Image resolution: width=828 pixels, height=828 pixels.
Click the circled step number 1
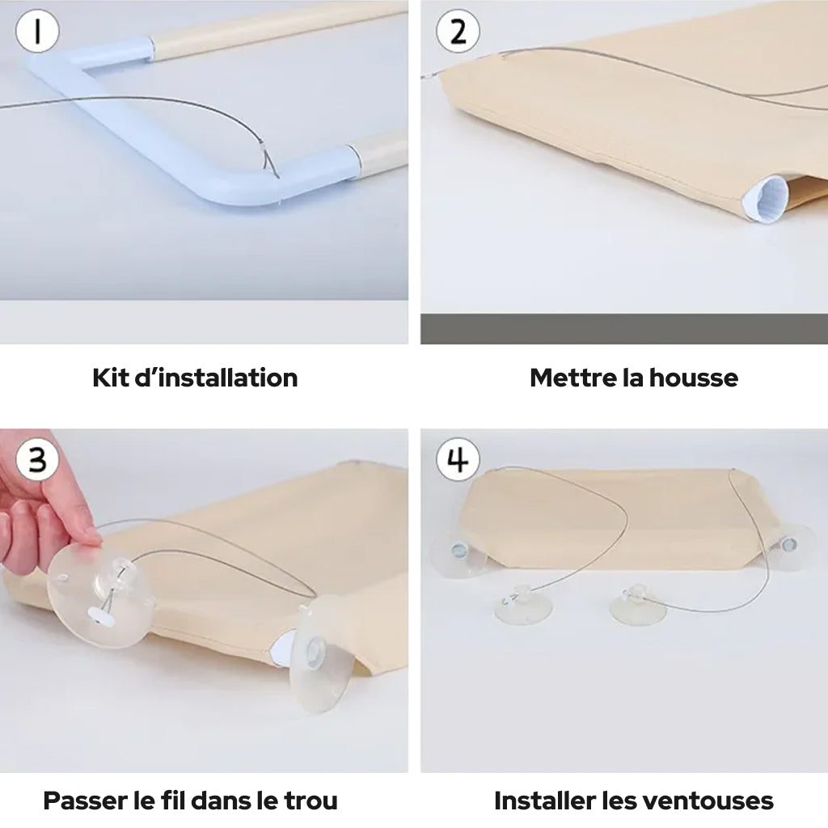pos(36,32)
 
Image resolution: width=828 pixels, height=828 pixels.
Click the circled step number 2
pos(458,32)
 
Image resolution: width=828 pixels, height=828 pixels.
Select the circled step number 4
pos(458,459)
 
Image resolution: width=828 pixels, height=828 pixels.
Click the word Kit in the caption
pos(110,378)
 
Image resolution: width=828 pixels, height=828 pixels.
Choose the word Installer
pos(544,801)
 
